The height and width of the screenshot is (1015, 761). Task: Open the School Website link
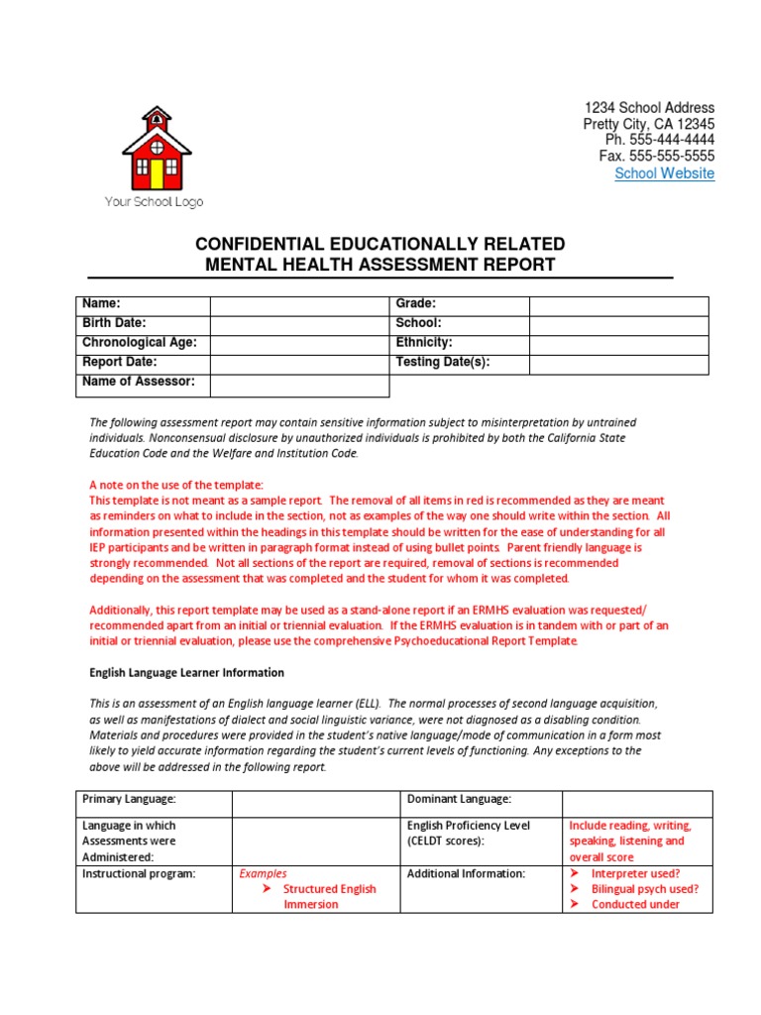(x=664, y=173)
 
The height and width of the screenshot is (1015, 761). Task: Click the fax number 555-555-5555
(x=656, y=157)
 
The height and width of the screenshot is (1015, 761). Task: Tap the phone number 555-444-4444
(x=660, y=140)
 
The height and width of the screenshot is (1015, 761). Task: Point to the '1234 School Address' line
(x=649, y=107)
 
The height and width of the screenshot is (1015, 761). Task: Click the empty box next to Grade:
(x=618, y=305)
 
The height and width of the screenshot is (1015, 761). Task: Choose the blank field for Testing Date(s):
(x=618, y=364)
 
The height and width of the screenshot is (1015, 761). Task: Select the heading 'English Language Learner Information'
(x=186, y=672)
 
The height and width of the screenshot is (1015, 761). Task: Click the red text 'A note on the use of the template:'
(x=176, y=485)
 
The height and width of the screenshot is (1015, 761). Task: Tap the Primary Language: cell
(x=129, y=799)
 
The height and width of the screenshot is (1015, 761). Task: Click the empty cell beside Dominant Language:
(x=636, y=801)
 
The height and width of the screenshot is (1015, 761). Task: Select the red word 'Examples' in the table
(x=263, y=873)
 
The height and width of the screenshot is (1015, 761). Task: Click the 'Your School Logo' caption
(x=155, y=202)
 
